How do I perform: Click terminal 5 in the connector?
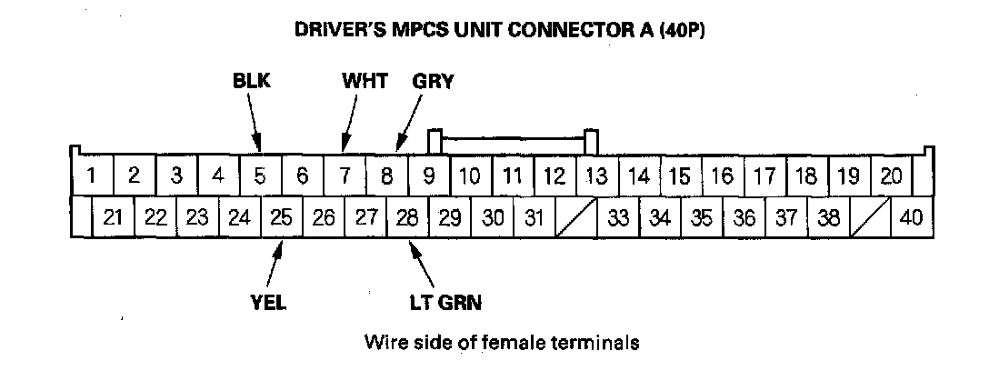point(260,175)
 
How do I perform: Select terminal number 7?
point(345,175)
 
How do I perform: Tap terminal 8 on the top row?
point(386,175)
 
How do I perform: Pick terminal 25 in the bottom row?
point(283,218)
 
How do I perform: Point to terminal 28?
point(408,218)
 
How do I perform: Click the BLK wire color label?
point(251,81)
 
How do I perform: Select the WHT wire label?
point(365,81)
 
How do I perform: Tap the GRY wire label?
point(433,81)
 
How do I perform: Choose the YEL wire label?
point(268,303)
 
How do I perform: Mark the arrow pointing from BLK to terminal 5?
point(254,122)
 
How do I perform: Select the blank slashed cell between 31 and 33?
point(575,218)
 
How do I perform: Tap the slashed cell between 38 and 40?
point(870,218)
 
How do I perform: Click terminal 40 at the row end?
point(911,218)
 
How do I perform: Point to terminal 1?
point(91,175)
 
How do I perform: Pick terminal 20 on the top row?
point(891,175)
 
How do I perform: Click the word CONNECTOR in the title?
point(582,29)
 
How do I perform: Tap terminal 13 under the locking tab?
point(596,175)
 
